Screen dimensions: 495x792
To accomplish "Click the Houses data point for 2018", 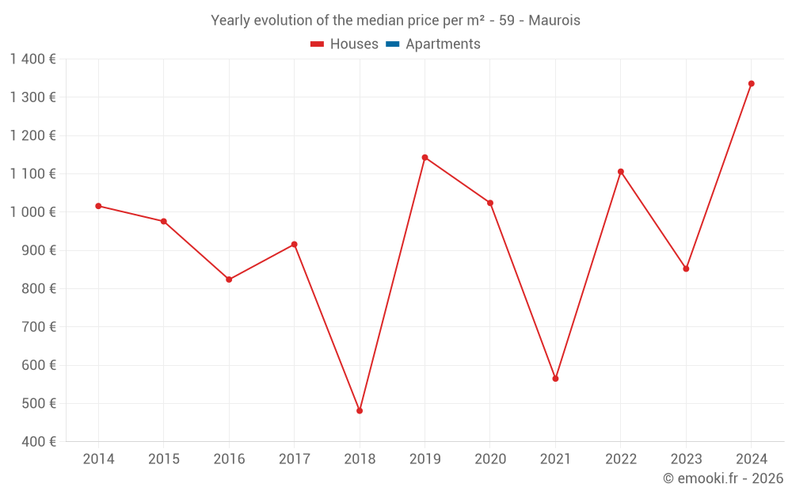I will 360,410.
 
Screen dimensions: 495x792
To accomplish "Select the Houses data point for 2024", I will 751,83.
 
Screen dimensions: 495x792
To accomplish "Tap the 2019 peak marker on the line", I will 425,157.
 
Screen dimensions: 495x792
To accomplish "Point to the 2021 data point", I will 555,379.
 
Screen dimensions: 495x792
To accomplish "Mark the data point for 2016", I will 229,280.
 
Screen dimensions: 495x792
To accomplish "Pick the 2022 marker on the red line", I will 620,171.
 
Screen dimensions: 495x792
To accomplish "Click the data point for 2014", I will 98,206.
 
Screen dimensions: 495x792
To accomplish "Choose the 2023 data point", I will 686,268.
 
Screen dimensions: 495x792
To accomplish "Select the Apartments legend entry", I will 443,44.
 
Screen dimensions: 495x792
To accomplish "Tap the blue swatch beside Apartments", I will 392,44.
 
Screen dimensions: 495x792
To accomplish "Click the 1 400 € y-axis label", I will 32,59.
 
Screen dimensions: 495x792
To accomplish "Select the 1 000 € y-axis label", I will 32,212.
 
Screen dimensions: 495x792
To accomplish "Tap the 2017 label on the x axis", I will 294,459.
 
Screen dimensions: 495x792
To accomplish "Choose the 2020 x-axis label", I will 489,459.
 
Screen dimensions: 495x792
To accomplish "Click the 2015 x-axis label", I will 164,459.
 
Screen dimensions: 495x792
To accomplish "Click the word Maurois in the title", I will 554,21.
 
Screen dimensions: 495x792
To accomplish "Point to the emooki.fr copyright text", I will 722,478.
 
